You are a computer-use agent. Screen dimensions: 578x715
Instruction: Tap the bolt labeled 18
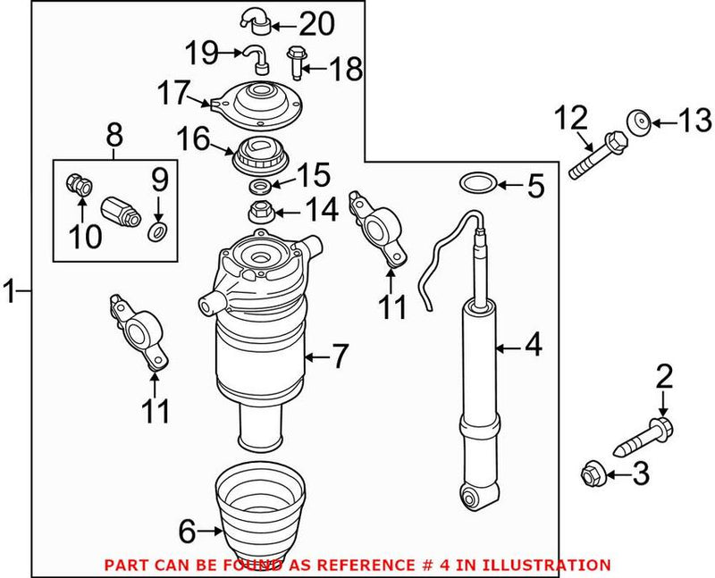click(296, 62)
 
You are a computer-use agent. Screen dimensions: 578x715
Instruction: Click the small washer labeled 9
click(156, 232)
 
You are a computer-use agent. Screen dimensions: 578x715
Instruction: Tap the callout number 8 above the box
click(114, 136)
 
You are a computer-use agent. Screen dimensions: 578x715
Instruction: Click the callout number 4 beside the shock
click(533, 345)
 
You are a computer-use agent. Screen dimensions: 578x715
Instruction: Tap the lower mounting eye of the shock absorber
click(472, 493)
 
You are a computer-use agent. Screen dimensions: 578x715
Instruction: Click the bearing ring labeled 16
click(258, 156)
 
